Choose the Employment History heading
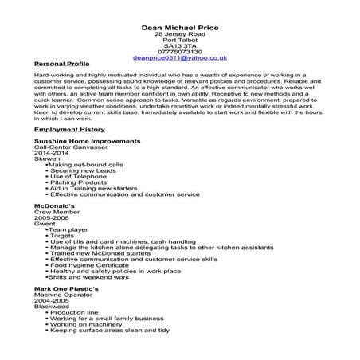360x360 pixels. [x=68, y=128]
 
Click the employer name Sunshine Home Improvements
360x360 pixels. [x=88, y=141]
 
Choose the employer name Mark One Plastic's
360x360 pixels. [x=66, y=290]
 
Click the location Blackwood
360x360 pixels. [x=53, y=310]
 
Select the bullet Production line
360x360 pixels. [x=74, y=316]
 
